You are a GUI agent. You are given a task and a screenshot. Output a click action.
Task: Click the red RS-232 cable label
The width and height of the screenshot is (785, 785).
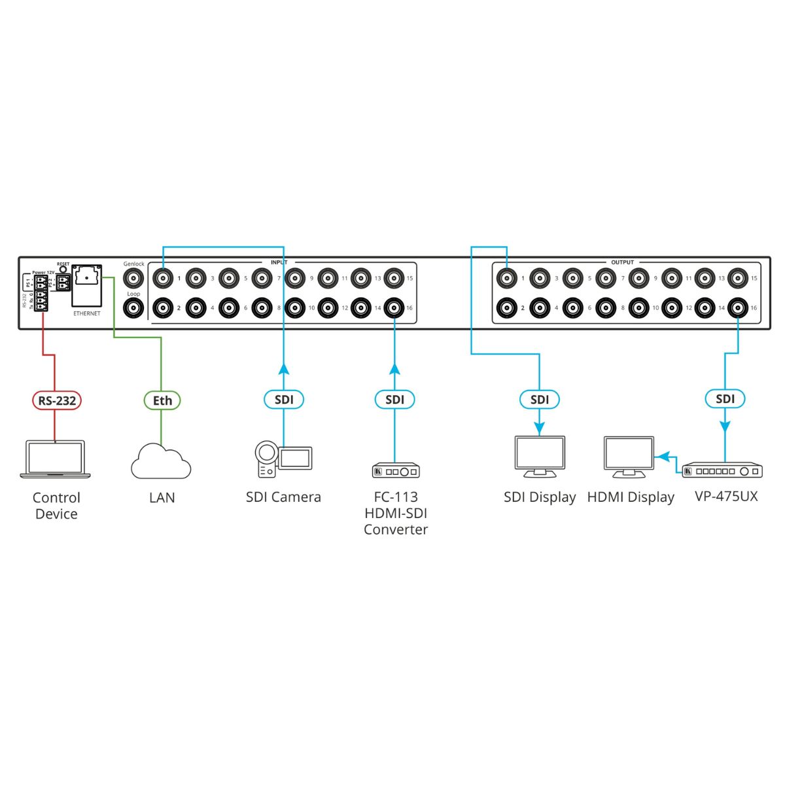[57, 400]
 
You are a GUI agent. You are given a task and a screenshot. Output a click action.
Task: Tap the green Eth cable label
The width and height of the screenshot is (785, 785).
[162, 400]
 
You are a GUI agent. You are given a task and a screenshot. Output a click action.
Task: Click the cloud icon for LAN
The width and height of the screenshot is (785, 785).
[161, 462]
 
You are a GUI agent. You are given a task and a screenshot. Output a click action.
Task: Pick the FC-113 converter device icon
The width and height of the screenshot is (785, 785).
[396, 471]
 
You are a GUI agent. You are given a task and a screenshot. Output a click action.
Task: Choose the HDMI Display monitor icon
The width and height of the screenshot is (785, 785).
[629, 457]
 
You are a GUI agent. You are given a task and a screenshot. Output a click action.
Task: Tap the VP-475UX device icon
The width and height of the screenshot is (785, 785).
[722, 470]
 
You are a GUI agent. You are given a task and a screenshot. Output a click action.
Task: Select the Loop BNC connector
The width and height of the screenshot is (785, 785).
[134, 307]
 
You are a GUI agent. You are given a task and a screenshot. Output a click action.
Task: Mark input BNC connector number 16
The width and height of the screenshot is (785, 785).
[394, 307]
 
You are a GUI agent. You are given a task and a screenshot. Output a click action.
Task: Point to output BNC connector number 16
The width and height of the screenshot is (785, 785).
[738, 307]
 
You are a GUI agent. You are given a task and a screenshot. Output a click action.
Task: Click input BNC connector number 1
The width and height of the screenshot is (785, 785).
[163, 278]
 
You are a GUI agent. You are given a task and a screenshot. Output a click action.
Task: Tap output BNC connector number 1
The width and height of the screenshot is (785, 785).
[506, 278]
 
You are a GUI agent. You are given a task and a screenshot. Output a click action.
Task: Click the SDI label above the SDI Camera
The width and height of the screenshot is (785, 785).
[284, 400]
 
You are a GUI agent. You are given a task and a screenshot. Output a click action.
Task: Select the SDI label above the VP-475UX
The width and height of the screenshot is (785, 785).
[725, 399]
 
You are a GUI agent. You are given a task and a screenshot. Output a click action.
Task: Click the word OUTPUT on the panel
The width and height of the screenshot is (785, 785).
[622, 262]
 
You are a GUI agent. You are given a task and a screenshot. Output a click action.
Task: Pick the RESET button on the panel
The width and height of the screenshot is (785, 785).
[63, 269]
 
